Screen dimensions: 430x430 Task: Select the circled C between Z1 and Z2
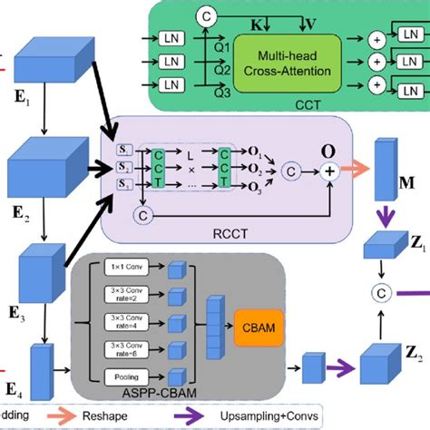tap(381, 291)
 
